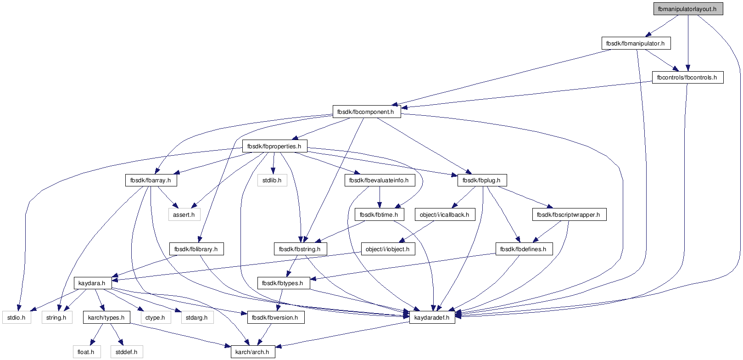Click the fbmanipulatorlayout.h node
pos(688,9)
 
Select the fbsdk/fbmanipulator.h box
pos(636,44)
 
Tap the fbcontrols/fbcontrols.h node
pos(687,78)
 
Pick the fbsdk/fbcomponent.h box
pos(366,112)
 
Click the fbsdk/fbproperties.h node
pos(274,146)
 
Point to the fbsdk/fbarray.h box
pos(151,180)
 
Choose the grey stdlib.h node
pos(272,180)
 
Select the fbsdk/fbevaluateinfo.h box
pos(379,180)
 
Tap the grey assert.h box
pos(184,215)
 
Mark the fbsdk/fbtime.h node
pos(379,215)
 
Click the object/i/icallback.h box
pos(445,215)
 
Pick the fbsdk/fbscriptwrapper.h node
pos(569,215)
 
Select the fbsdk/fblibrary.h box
pos(196,249)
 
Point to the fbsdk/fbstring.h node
pos(300,249)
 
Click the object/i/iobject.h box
pos(388,249)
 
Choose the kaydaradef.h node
pos(432,318)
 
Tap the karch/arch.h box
pos(252,352)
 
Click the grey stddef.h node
pos(127,352)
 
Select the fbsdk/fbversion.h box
pos(275,318)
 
